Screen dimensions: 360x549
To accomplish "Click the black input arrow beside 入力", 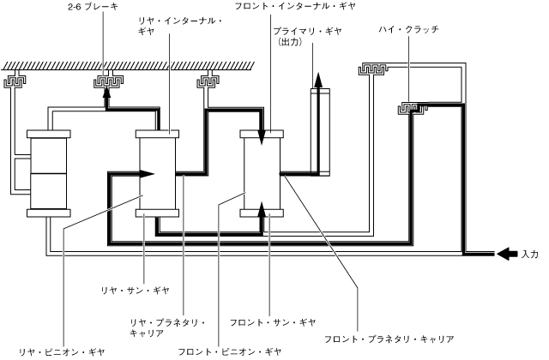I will tap(507, 254).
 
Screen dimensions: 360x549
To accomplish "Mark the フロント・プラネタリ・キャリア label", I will tap(383, 339).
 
